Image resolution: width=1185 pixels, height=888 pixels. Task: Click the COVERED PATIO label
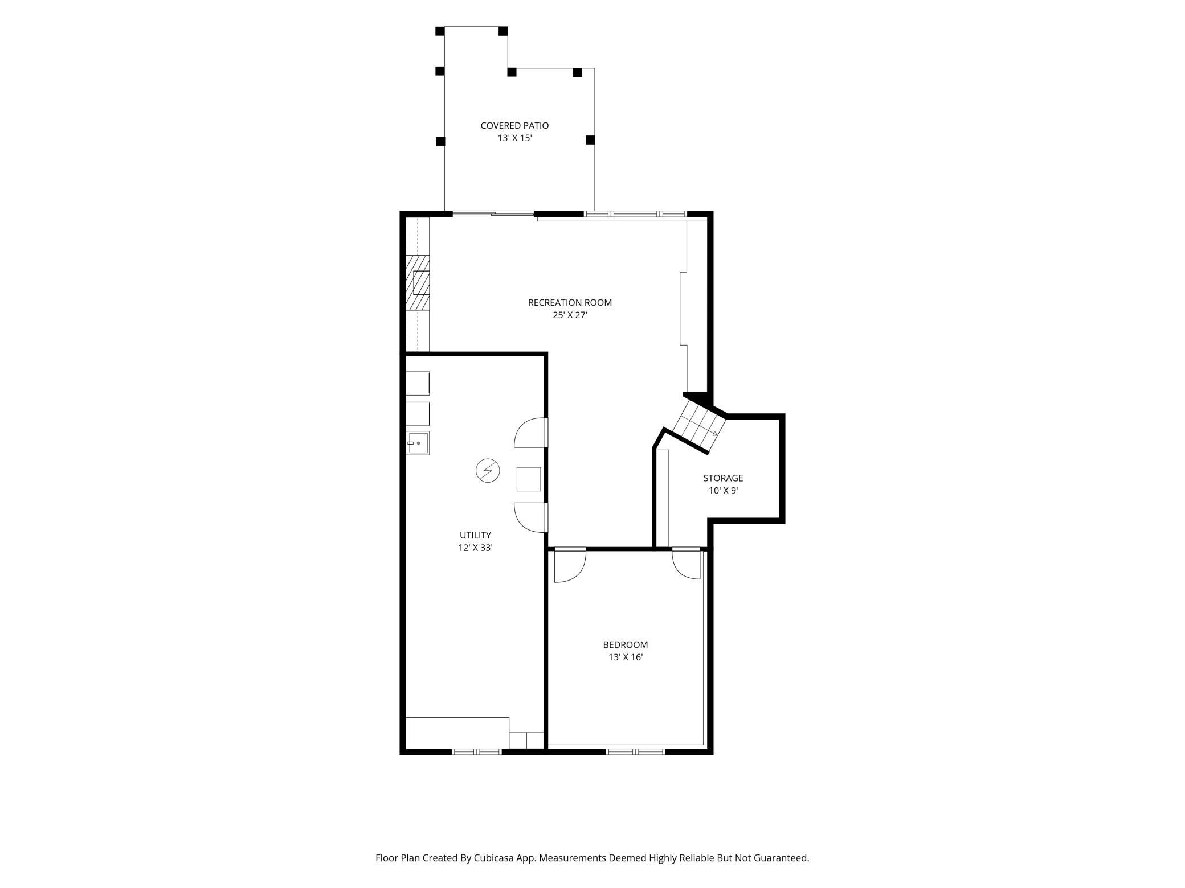coord(514,126)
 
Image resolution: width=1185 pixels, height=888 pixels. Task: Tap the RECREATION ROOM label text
coord(570,303)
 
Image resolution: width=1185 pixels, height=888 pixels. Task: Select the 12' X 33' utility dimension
coord(475,548)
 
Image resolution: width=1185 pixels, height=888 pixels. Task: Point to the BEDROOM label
coord(626,645)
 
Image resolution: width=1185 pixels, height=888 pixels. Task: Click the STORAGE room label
coord(723,478)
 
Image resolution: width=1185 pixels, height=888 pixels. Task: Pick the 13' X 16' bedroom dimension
coord(626,657)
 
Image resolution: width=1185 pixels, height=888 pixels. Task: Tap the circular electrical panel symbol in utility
coord(488,471)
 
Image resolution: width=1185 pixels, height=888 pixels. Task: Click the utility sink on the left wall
coord(418,443)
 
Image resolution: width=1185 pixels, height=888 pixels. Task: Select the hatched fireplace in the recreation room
coord(418,283)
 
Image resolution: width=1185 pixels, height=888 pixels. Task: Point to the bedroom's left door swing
coord(570,566)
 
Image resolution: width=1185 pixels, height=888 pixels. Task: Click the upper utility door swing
coord(531,433)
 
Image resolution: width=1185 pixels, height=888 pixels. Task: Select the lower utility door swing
coord(531,517)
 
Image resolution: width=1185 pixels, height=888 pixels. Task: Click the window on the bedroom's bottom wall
coord(635,752)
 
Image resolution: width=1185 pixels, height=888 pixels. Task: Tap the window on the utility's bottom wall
coord(477,752)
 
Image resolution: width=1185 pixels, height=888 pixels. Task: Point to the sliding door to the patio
coord(493,214)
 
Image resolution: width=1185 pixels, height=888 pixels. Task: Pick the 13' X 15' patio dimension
coord(514,138)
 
